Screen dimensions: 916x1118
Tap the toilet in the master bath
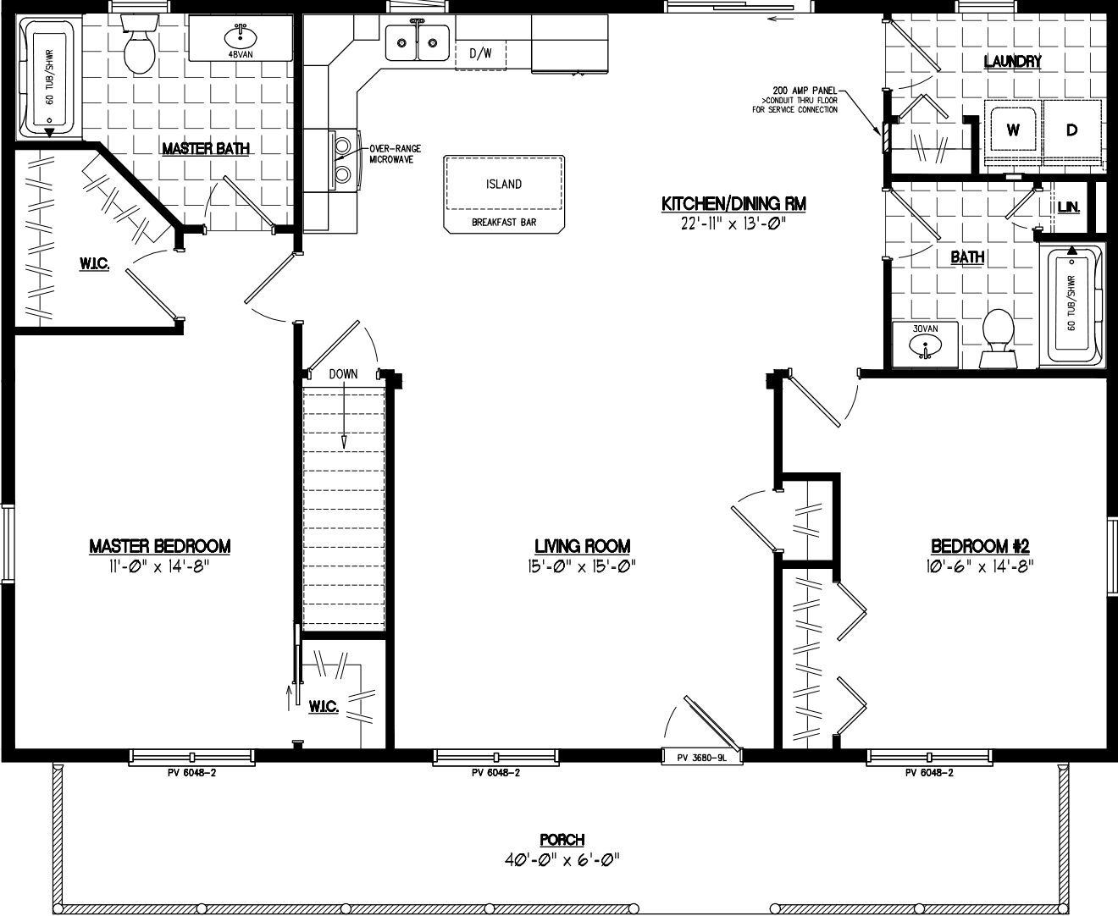(138, 47)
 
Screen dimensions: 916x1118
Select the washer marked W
(1012, 130)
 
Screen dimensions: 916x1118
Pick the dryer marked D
(1071, 130)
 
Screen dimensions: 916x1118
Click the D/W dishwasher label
(480, 53)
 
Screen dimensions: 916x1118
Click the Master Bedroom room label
(159, 546)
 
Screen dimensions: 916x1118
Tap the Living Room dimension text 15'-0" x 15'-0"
(582, 566)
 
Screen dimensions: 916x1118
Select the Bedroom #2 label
(979, 546)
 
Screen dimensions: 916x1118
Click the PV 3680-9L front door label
(701, 759)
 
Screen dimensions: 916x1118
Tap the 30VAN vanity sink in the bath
(925, 345)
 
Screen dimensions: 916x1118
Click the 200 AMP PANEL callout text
(804, 90)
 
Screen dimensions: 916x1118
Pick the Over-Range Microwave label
(390, 154)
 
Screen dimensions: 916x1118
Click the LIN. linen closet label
(1068, 207)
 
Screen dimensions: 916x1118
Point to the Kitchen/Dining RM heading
(733, 204)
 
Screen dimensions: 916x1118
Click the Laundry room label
(1012, 61)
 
